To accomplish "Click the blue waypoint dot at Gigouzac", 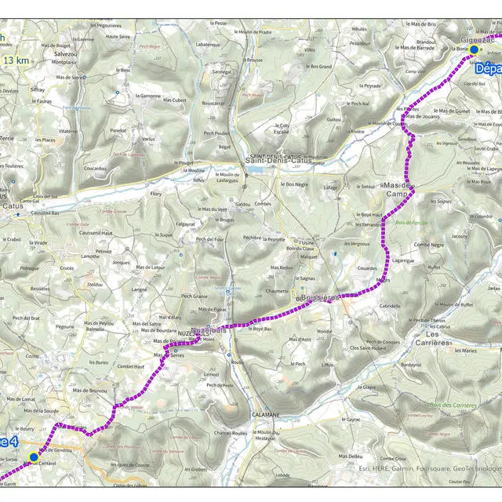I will point(474,49).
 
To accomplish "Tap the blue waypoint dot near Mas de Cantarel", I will point(33,457).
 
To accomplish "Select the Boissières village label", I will point(318,297).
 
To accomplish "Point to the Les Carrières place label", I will point(444,338).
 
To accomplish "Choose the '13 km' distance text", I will point(17,60).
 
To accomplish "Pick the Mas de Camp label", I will point(398,188).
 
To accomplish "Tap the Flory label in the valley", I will point(155,193).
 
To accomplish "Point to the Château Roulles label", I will point(230,433).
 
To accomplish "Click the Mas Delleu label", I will point(350,456).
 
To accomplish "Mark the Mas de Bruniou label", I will point(89,390).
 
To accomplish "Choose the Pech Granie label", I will point(195,296).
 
